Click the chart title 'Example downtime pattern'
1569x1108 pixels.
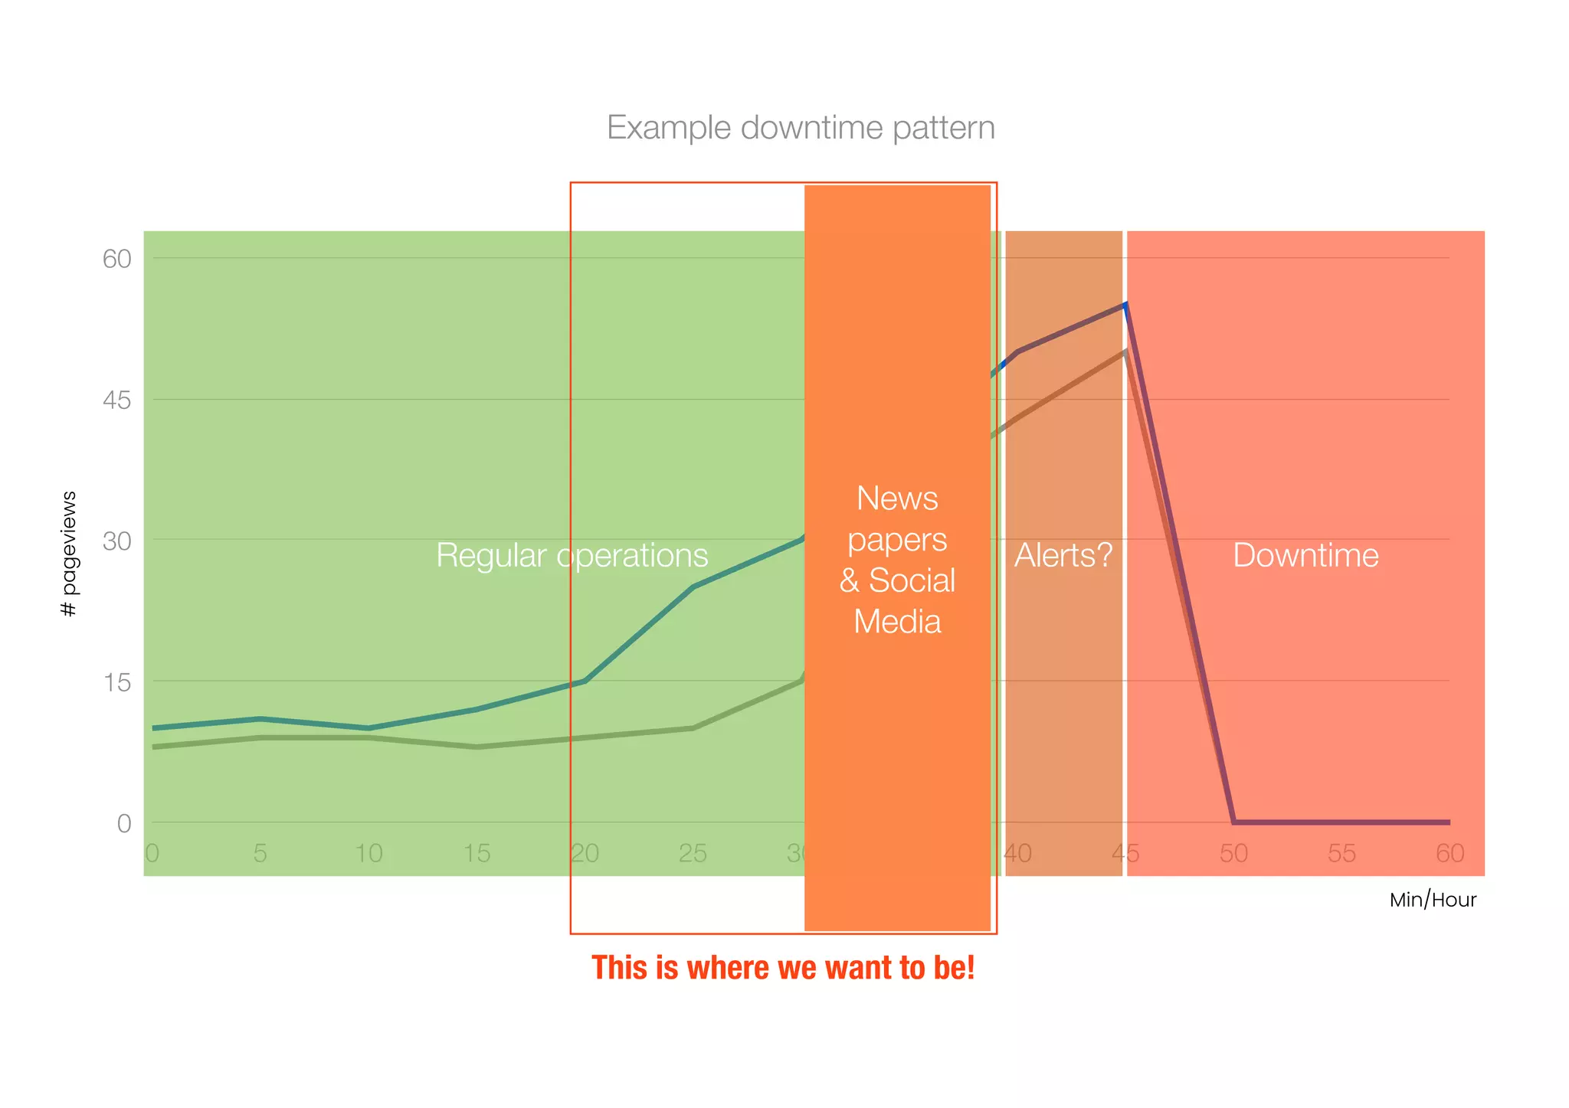(801, 128)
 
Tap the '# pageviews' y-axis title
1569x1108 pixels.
(68, 554)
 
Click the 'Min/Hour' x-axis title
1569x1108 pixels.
(1433, 900)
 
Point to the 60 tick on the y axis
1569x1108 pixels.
(117, 259)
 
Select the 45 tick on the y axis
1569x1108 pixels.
(117, 400)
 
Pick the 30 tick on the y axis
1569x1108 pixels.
(117, 541)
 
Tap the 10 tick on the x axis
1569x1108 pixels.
(369, 853)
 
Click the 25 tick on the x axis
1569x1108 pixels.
(693, 853)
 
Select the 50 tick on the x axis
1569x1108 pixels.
(1233, 853)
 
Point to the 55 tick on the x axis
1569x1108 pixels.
(1341, 853)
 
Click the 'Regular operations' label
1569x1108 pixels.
(572, 555)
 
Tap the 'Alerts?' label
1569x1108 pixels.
(1063, 555)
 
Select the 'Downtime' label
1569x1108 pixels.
(1305, 555)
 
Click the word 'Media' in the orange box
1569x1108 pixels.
(897, 621)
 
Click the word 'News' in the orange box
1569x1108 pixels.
(897, 498)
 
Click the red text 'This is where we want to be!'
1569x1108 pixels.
(783, 968)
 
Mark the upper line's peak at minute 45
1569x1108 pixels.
(1125, 305)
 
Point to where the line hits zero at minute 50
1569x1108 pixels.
(1233, 822)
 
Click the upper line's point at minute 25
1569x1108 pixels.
(693, 587)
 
